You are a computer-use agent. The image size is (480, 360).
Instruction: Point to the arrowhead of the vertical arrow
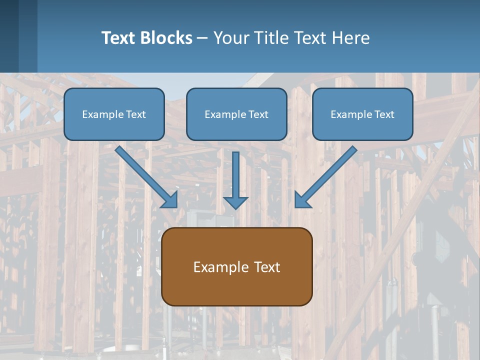(235, 202)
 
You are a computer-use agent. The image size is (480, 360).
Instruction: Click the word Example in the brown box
(214, 267)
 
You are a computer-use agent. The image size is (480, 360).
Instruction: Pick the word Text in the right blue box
(384, 114)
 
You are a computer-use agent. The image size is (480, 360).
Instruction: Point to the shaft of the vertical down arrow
(235, 172)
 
